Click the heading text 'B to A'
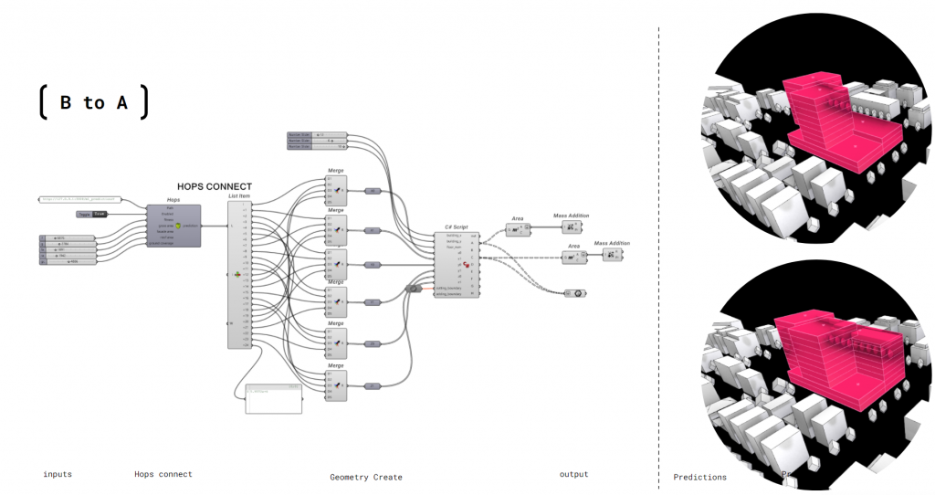coord(93,102)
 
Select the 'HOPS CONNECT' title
coord(215,186)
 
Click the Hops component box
coord(173,225)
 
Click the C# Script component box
coord(456,264)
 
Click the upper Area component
coord(517,229)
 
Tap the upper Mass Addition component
coord(572,226)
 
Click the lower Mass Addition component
coord(613,255)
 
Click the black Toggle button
coord(92,214)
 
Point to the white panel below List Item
coord(273,400)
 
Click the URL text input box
coord(79,198)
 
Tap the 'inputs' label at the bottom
coord(57,474)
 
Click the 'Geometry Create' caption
coord(365,477)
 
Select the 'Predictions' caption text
coord(700,477)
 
